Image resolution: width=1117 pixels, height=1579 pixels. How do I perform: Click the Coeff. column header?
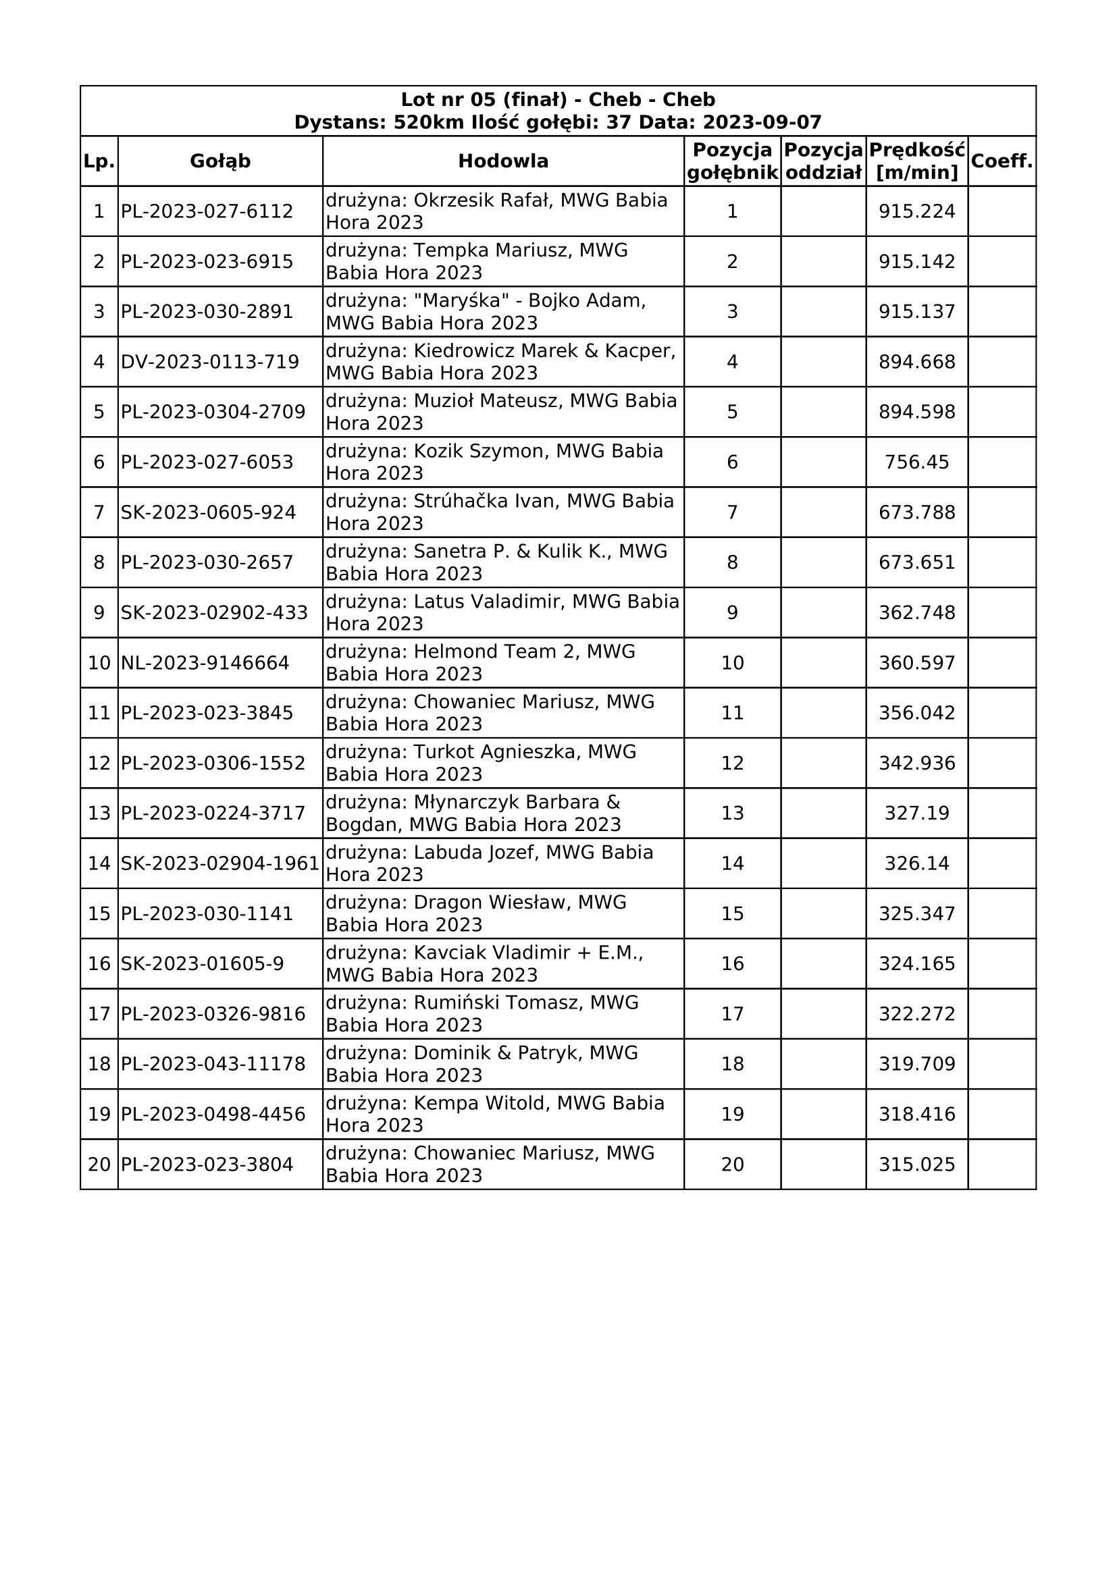[x=1002, y=161]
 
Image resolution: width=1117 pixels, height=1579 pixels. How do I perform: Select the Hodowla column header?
[x=503, y=161]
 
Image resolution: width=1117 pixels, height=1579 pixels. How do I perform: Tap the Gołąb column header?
[x=220, y=161]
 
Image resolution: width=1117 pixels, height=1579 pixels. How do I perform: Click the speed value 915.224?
[x=917, y=211]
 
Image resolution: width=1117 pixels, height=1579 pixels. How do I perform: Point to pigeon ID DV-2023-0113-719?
[x=210, y=362]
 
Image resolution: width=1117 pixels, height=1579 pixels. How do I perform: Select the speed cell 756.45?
[x=917, y=462]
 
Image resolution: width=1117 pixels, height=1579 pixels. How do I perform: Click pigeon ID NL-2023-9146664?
[x=205, y=663]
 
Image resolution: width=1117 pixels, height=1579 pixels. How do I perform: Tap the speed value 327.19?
[x=917, y=813]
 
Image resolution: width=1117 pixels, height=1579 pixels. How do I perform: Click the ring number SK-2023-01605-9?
[x=202, y=963]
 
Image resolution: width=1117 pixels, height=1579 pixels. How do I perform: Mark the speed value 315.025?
[x=917, y=1165]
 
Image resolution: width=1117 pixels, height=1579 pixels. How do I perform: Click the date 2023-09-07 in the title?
[x=762, y=122]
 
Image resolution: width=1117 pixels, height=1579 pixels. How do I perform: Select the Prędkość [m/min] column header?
[x=917, y=161]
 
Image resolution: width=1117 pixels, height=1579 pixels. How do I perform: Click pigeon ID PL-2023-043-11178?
[x=213, y=1064]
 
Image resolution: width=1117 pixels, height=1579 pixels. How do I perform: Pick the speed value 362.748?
[x=917, y=612]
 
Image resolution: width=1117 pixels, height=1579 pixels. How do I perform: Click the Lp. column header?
[x=99, y=161]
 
